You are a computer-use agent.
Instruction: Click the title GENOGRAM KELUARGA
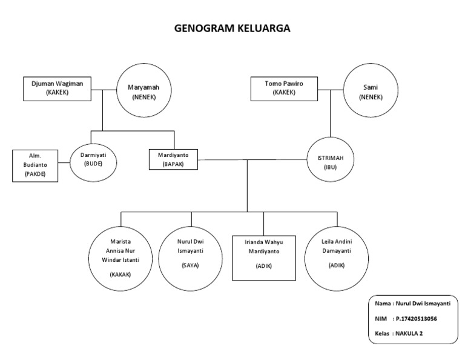232,28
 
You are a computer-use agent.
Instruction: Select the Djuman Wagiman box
53,88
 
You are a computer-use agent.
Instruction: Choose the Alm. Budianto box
35,165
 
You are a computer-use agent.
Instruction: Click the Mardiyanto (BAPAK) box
173,160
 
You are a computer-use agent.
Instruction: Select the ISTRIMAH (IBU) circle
330,161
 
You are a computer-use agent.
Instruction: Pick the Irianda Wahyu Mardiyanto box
263,256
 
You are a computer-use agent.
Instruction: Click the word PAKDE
35,174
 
